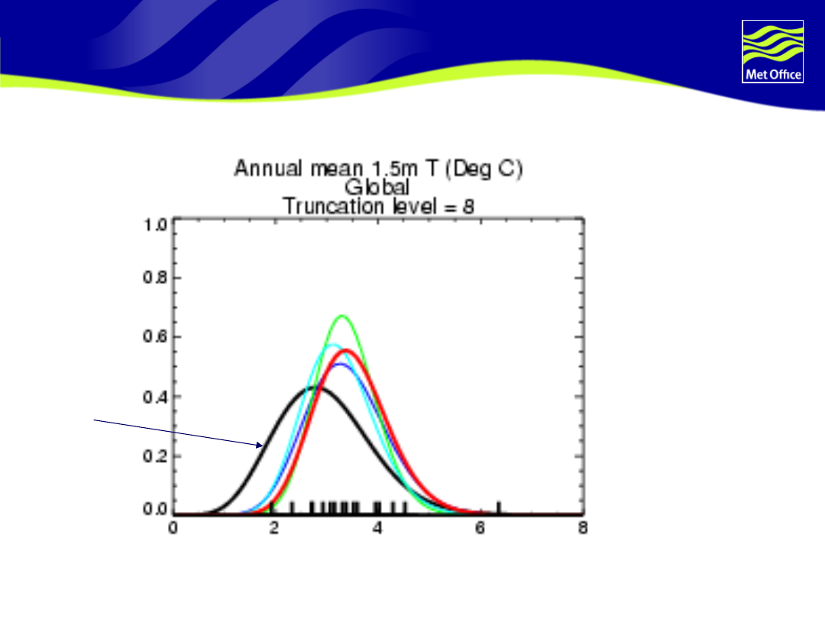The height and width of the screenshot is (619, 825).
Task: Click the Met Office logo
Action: (772, 52)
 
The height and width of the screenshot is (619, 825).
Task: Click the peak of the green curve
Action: (342, 316)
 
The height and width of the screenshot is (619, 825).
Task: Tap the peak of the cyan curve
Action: (332, 345)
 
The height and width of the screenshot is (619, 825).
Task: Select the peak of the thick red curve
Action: (346, 351)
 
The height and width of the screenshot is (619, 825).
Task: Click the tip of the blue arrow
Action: (263, 446)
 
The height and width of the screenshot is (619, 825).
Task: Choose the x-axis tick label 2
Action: (274, 528)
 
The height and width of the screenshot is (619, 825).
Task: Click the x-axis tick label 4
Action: (377, 528)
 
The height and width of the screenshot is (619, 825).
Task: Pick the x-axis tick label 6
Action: (480, 528)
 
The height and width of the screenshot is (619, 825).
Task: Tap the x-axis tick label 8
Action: (582, 528)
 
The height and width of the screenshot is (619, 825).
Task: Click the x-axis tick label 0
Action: (173, 528)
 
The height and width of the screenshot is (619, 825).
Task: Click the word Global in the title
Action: (377, 187)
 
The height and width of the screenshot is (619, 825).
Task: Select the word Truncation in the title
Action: (334, 206)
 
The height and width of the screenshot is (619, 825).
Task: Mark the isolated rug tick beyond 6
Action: (499, 507)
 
